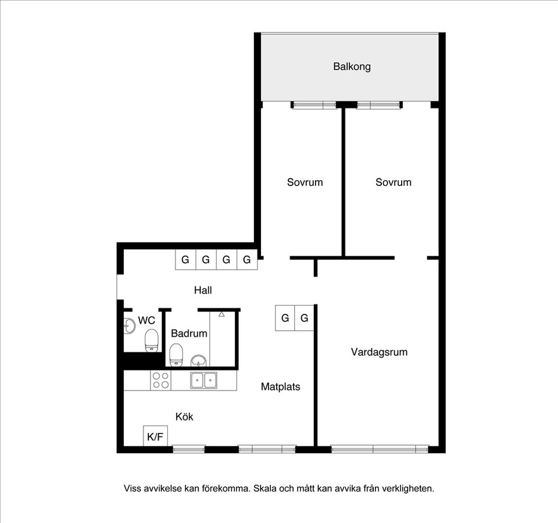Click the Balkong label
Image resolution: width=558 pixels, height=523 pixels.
352,66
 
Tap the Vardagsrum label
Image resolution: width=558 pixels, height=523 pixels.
379,352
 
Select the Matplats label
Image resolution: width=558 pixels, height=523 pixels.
280,387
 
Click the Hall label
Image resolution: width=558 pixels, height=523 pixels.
203,291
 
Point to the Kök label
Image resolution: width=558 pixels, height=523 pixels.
184,417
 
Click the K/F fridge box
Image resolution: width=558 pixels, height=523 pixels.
155,436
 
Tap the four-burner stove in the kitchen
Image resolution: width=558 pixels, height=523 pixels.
160,380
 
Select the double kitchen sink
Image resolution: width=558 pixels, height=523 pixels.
203,380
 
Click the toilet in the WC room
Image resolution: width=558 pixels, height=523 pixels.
152,340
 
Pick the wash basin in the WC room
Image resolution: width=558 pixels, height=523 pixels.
129,326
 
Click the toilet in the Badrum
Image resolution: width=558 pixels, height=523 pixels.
176,354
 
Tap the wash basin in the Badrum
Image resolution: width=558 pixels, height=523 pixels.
199,361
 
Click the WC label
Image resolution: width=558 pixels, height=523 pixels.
146,320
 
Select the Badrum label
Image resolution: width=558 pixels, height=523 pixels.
189,334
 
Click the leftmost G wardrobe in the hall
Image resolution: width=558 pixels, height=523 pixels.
185,260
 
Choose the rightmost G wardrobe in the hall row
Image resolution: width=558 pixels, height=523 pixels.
247,260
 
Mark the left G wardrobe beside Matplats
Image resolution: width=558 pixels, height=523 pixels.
285,318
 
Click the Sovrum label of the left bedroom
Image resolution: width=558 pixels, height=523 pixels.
305,182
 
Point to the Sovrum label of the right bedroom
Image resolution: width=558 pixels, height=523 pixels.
394,182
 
